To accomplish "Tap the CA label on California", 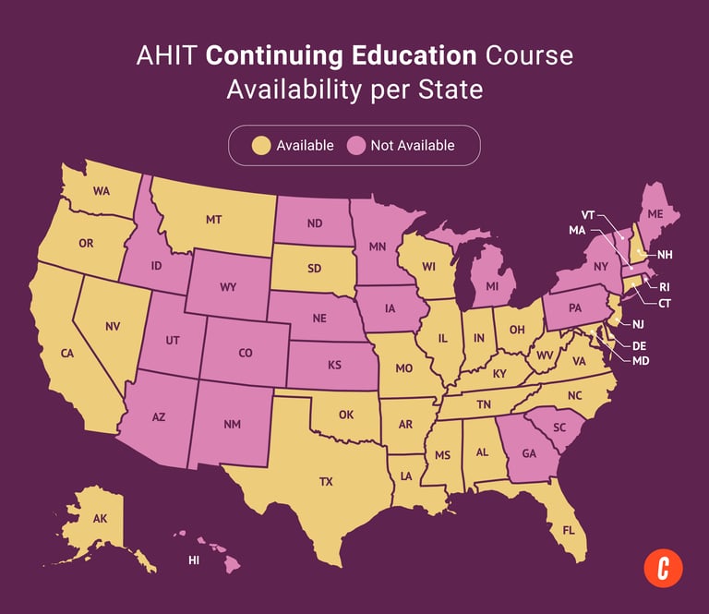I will point(67,354).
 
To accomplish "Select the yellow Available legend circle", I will point(262,145).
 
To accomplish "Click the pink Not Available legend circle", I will point(356,145).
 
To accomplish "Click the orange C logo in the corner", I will point(663,566).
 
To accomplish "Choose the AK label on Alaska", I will point(100,519).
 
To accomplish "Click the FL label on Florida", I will point(568,531).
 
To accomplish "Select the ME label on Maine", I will point(655,213).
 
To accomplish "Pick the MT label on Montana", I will point(213,220).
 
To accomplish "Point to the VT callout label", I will point(587,214).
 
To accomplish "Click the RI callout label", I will point(665,287).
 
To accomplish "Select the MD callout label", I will point(640,360).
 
